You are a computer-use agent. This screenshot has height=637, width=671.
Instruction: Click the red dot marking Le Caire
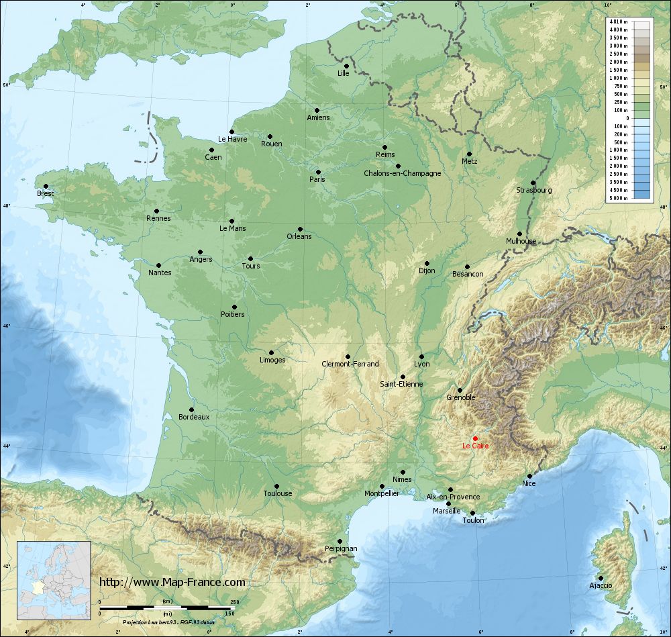click(475, 438)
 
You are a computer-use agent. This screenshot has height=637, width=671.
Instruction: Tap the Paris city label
click(317, 179)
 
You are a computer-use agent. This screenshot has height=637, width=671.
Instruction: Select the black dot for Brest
click(46, 186)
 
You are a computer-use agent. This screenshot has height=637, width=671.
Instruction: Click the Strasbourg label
click(534, 190)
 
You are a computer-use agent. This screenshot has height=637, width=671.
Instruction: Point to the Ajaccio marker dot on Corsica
click(601, 578)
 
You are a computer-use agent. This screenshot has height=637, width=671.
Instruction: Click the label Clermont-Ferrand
click(350, 364)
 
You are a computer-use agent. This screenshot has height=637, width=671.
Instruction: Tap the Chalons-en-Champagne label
click(402, 173)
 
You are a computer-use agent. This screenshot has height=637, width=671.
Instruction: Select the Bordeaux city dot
click(191, 409)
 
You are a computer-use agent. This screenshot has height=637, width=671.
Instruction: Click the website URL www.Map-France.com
click(172, 582)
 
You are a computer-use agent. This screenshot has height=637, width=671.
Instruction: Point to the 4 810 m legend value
click(618, 22)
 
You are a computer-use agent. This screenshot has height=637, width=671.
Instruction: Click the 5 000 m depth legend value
click(618, 199)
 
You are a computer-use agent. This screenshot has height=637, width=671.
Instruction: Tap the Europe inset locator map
click(54, 580)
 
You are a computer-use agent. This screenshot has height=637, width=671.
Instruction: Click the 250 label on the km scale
click(235, 602)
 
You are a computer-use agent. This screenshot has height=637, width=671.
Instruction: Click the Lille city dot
click(346, 66)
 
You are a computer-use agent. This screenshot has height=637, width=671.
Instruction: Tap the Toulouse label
click(277, 493)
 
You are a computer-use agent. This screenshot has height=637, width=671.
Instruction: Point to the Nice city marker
click(529, 476)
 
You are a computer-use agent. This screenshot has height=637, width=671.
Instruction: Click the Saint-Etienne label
click(401, 384)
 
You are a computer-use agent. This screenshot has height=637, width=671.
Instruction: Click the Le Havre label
click(233, 139)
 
